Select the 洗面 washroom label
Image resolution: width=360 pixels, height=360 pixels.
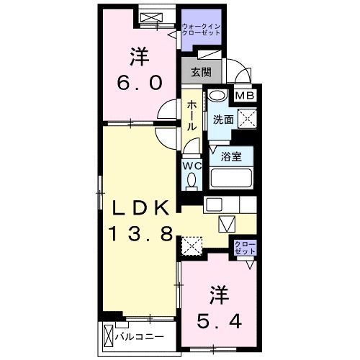tap(222, 120)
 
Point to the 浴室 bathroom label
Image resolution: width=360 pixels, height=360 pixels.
tap(231, 155)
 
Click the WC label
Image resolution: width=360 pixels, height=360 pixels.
tap(191, 166)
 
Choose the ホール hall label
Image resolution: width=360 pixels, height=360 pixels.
tap(192, 115)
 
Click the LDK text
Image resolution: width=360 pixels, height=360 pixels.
tap(140, 208)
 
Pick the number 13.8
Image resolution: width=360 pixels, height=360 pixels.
tap(140, 233)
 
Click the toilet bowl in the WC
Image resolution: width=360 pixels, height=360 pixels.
tap(191, 182)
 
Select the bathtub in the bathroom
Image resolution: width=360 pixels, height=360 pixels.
tap(231, 177)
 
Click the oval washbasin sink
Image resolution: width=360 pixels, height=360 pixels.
tap(217, 96)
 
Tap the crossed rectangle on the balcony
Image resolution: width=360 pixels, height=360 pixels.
tap(109, 336)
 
